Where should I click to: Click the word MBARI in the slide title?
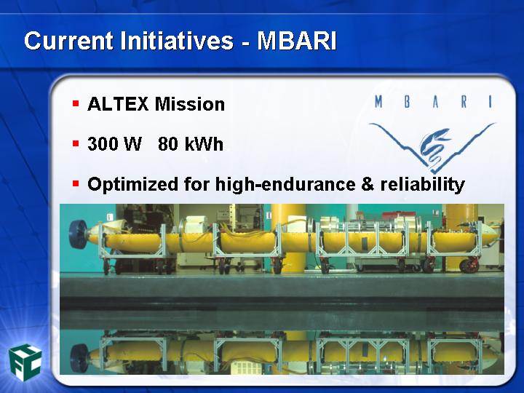(x=297, y=41)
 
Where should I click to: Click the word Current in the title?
(x=68, y=41)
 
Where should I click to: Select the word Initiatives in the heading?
(x=176, y=41)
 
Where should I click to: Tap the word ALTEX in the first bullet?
(x=118, y=104)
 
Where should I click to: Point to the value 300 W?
(x=115, y=144)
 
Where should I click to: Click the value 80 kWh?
(x=191, y=144)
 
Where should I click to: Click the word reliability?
(x=423, y=185)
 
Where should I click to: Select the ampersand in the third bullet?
(x=368, y=184)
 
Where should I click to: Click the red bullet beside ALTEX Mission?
(x=76, y=103)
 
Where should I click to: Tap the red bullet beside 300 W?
(x=76, y=143)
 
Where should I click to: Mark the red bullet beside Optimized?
(x=76, y=183)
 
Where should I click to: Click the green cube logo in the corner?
(x=25, y=362)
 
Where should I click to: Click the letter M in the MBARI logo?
(x=378, y=102)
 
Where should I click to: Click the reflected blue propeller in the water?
(x=79, y=358)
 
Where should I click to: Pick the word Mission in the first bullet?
(x=190, y=104)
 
